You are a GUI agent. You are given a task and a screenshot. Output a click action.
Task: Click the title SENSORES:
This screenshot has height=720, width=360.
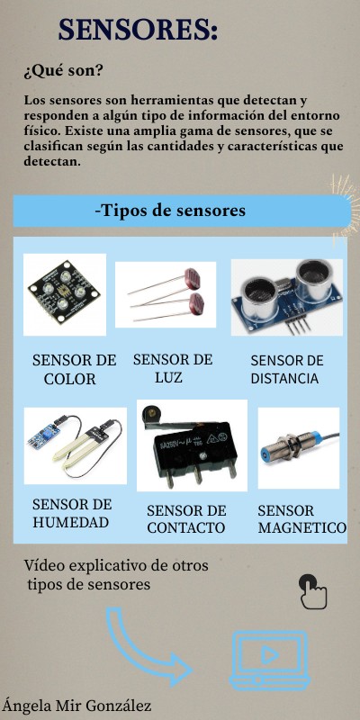click(138, 30)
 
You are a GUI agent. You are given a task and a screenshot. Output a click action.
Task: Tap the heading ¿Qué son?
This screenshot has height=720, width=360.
click(63, 70)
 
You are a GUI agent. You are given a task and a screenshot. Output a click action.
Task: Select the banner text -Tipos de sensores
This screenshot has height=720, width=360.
click(170, 211)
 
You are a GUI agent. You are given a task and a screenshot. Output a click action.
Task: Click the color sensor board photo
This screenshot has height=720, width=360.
click(65, 294)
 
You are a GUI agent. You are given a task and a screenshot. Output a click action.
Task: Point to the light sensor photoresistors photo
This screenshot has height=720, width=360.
click(166, 295)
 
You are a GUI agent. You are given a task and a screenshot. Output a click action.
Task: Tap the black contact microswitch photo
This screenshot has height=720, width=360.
click(191, 445)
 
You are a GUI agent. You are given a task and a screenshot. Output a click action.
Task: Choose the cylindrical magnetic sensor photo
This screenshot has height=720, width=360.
click(298, 448)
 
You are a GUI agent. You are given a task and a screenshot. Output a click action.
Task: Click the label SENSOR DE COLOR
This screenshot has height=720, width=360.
click(74, 369)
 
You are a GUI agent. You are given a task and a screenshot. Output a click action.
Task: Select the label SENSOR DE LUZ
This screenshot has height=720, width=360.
click(172, 368)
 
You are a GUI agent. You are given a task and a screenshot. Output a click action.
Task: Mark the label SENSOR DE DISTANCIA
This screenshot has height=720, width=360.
click(287, 370)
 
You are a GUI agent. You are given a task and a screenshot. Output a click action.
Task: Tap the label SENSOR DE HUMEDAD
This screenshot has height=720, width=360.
click(72, 513)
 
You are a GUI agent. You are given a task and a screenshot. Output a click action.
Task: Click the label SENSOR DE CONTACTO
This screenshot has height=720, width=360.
click(186, 519)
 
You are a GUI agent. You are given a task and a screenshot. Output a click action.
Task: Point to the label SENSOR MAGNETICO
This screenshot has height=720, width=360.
click(301, 519)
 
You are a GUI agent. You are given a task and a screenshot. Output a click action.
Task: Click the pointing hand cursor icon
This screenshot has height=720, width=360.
click(312, 592)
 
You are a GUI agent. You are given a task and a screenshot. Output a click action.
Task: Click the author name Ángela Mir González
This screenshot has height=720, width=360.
click(76, 706)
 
